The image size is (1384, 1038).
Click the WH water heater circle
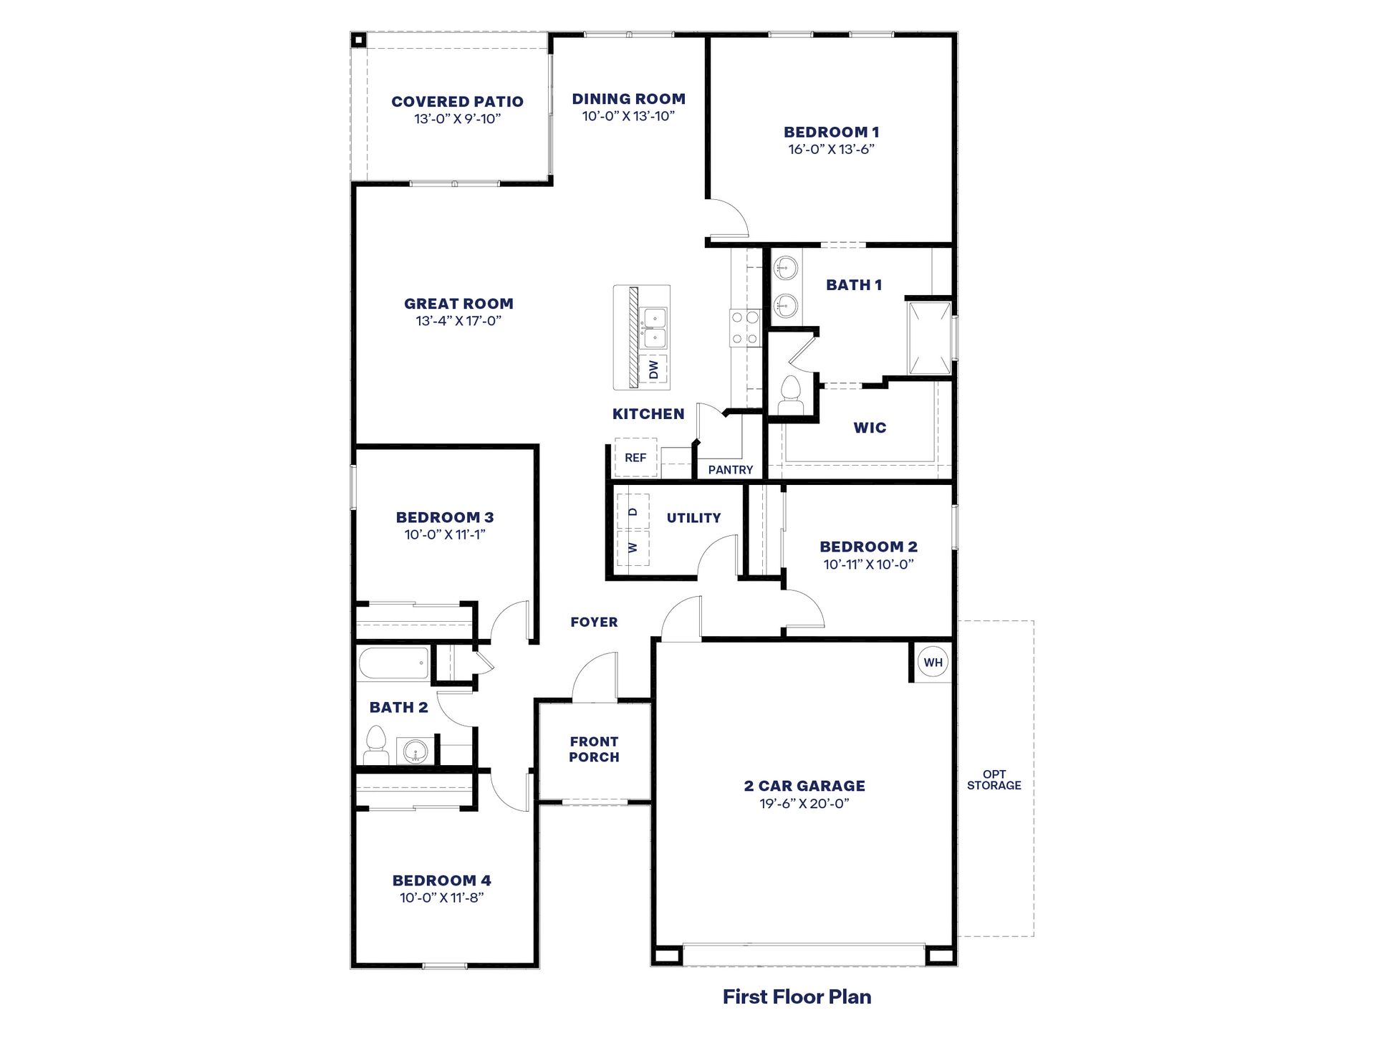tap(933, 663)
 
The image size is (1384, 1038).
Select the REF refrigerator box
tap(635, 458)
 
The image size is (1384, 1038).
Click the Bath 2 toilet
tap(376, 744)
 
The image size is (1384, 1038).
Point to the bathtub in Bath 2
tap(393, 663)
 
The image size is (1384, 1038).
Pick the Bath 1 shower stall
tap(929, 338)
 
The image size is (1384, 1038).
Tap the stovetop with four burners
tap(745, 327)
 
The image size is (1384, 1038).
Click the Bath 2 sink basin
tap(416, 751)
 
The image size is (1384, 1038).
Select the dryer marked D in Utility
tap(633, 511)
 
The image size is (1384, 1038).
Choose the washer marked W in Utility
tap(633, 547)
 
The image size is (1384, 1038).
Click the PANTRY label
tap(730, 470)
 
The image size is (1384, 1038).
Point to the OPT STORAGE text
tap(994, 780)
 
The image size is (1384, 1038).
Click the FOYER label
tap(594, 623)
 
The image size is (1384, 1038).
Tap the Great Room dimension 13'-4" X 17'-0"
tap(458, 321)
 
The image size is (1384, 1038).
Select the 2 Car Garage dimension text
tap(804, 804)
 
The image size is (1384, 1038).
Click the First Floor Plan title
tap(797, 996)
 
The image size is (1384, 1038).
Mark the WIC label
tap(870, 428)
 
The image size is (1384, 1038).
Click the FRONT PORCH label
tap(594, 749)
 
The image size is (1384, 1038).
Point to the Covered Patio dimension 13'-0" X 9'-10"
tap(457, 119)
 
